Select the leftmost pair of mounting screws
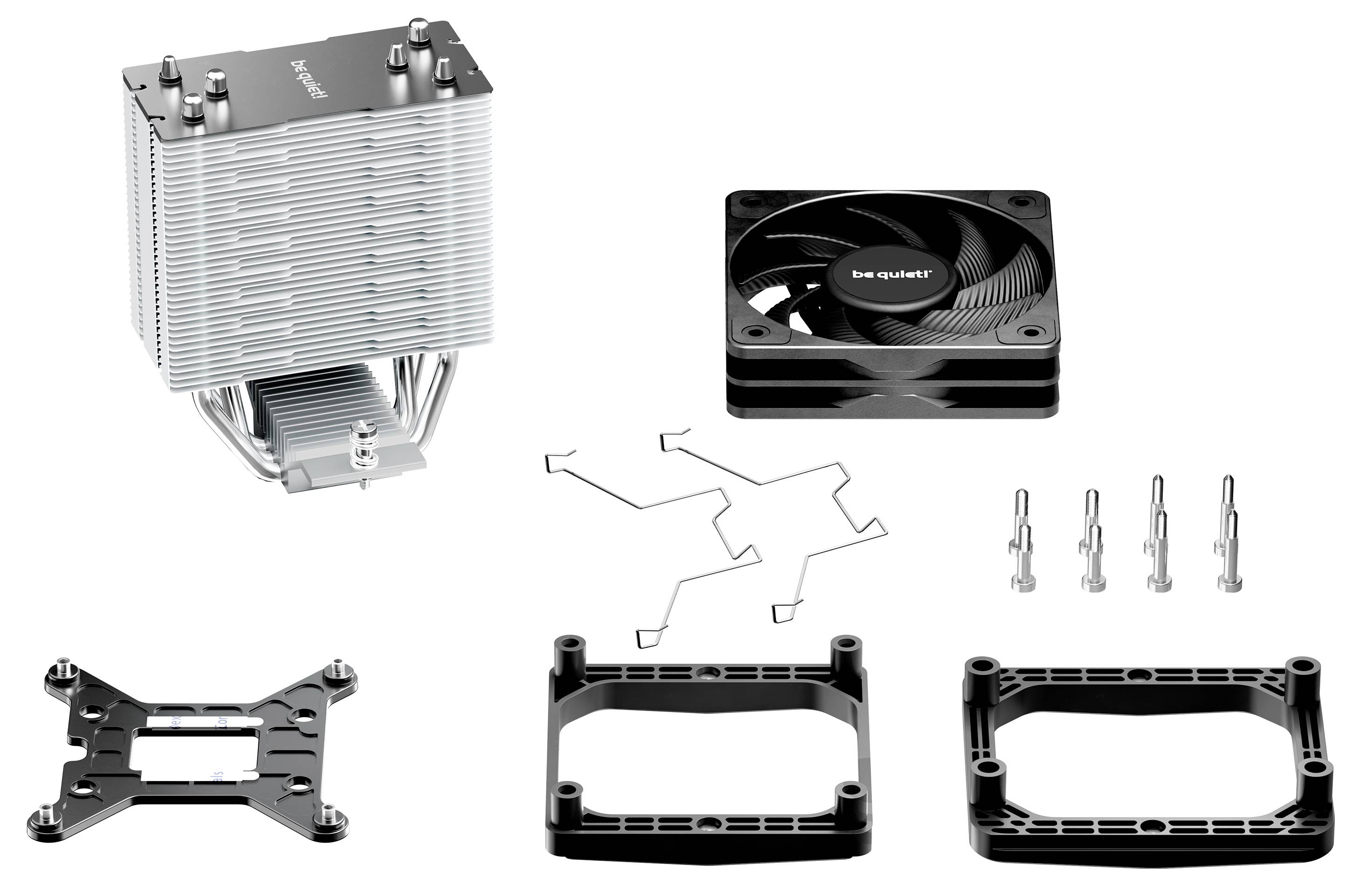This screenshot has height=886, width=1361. (1021, 540)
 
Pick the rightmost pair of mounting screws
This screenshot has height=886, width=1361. (1228, 535)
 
